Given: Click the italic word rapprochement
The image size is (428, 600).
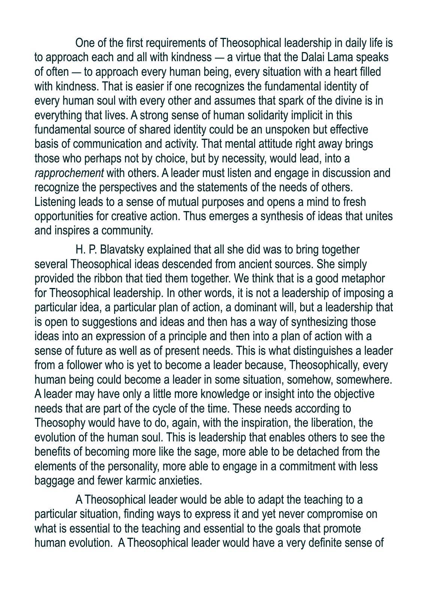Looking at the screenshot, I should pyautogui.click(x=69, y=173).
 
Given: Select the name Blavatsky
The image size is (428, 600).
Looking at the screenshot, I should pyautogui.click(x=122, y=250).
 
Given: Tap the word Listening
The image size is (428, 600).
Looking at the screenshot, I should pyautogui.click(x=55, y=202).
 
